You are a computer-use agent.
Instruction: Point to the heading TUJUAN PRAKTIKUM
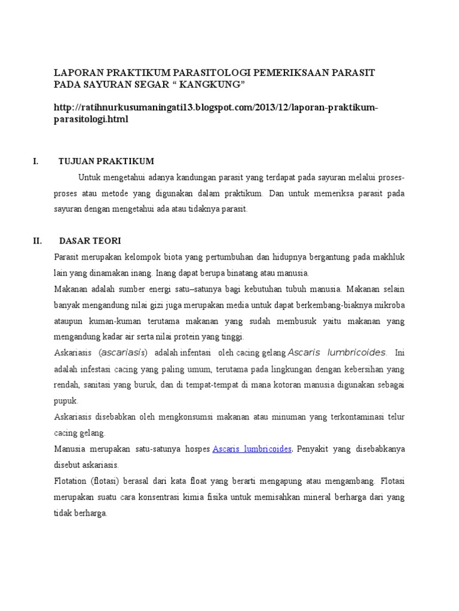click(x=106, y=161)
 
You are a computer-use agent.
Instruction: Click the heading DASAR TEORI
click(x=90, y=241)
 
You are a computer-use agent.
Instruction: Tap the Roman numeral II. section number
click(x=37, y=241)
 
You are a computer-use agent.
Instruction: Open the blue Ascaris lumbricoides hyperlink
click(x=252, y=449)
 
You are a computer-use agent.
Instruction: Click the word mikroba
click(x=388, y=305)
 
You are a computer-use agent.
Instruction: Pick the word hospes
click(x=195, y=449)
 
